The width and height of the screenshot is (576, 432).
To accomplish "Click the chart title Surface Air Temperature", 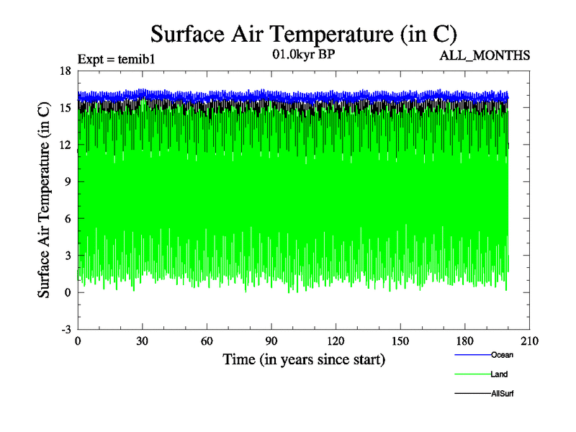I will point(303,33).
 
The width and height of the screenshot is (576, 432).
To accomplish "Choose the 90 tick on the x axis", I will point(271,341).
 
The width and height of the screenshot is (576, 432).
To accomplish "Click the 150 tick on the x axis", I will point(400,341).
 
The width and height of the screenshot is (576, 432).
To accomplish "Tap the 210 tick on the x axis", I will point(529,341).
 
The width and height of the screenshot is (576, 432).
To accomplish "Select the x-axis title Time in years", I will point(303,359).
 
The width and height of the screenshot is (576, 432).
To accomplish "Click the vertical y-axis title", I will point(44,200).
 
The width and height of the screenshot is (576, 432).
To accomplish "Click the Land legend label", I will point(500,374).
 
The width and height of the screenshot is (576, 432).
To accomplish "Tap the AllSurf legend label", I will point(503,394).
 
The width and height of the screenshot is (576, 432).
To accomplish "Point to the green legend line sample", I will point(472,374).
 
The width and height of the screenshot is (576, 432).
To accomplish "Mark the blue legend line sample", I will point(472,355).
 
